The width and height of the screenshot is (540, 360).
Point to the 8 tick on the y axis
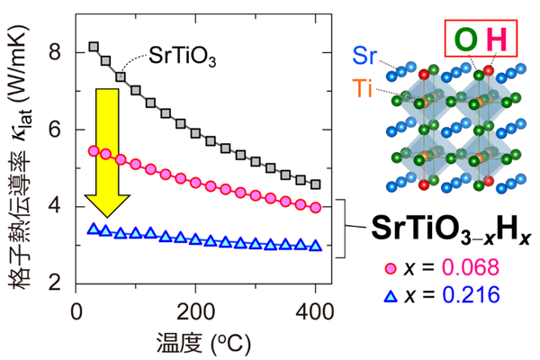(x=55, y=52)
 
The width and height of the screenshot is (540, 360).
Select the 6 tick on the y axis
(x=55, y=129)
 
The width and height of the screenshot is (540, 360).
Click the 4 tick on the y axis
(x=55, y=205)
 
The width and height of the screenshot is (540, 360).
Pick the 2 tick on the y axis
(x=55, y=282)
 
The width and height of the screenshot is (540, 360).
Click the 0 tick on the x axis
(x=76, y=310)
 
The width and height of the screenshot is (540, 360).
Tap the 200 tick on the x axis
(x=195, y=310)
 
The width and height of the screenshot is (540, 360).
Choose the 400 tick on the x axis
(x=315, y=310)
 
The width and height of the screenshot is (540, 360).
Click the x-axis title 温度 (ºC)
(x=195, y=341)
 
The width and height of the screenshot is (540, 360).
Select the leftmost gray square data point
(x=94, y=46)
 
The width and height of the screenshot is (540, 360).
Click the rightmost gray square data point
(x=315, y=184)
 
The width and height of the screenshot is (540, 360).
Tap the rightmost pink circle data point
(x=315, y=208)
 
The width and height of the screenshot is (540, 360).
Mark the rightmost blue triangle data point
(x=315, y=245)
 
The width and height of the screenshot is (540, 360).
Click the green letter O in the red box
(x=467, y=40)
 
